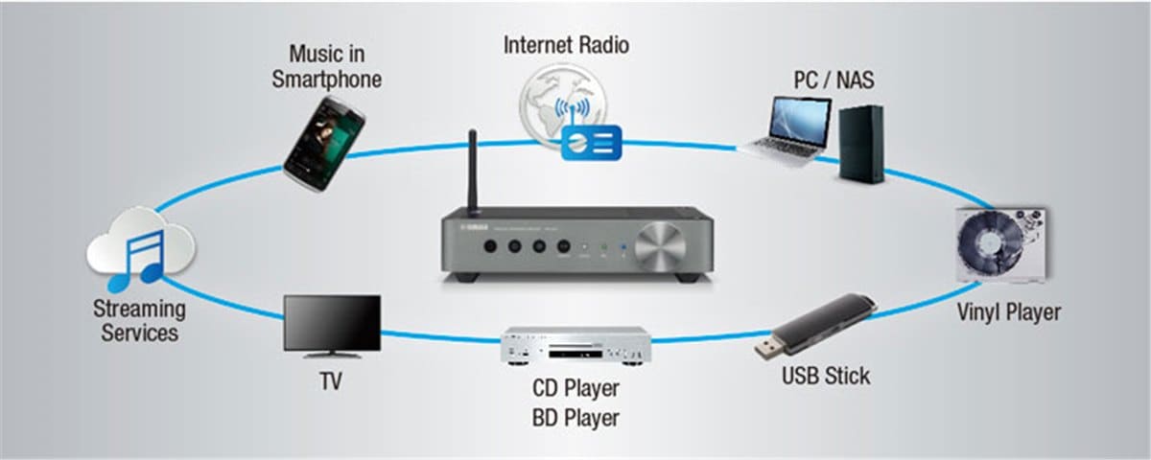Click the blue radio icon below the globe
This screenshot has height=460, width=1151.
click(591, 142)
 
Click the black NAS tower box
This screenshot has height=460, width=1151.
click(859, 144)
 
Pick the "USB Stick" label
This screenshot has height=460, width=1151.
click(826, 375)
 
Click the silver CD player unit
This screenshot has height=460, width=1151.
click(575, 346)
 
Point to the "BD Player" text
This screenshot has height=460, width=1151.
click(575, 418)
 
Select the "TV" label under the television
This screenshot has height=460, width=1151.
click(330, 382)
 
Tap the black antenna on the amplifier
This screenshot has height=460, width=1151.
click(473, 172)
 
